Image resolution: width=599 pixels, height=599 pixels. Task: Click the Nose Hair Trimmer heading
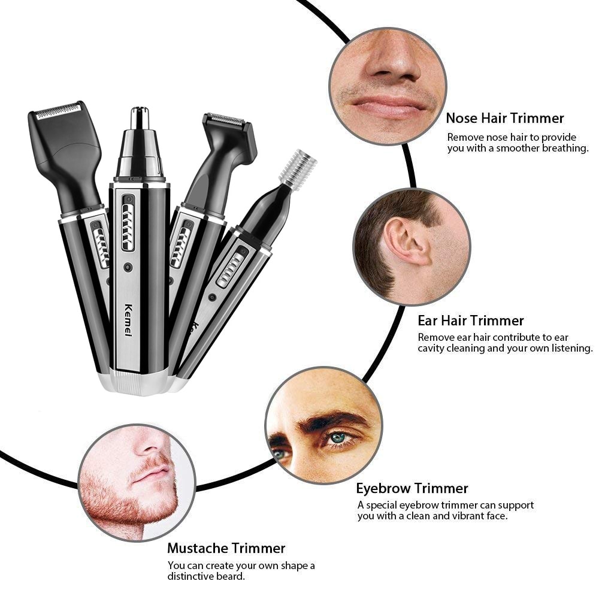[504, 118]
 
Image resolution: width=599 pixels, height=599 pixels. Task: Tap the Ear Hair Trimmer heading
[471, 320]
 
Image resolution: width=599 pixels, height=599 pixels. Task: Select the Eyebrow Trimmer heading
[412, 488]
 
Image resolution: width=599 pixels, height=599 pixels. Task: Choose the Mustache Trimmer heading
[226, 548]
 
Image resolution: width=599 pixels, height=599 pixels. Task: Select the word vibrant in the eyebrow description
[461, 516]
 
